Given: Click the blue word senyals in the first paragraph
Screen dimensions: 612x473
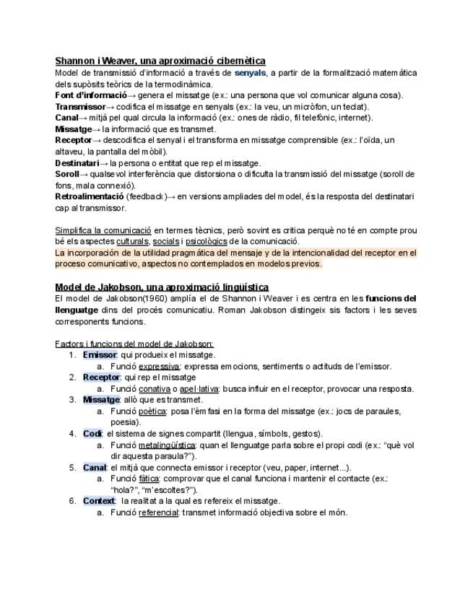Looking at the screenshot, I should tap(250, 73).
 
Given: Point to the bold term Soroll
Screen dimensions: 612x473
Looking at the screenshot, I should tap(67, 174).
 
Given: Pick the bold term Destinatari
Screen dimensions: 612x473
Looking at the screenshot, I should tap(77, 163).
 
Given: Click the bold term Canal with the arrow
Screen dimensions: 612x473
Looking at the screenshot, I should tap(66, 118).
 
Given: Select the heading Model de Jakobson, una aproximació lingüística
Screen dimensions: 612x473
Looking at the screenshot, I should tap(162, 287).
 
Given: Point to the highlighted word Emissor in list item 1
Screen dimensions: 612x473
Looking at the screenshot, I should tap(100, 355).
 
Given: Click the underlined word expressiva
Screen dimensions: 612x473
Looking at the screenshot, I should tap(159, 367).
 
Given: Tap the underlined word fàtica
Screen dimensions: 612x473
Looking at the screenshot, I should tap(149, 478).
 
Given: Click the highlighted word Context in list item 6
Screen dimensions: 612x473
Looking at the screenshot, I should tap(100, 501).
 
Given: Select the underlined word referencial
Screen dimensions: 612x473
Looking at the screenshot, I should tap(158, 512).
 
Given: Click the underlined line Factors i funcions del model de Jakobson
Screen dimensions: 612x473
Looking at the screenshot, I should tap(134, 344).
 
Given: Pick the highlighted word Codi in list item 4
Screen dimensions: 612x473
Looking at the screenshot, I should tap(92, 434).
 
